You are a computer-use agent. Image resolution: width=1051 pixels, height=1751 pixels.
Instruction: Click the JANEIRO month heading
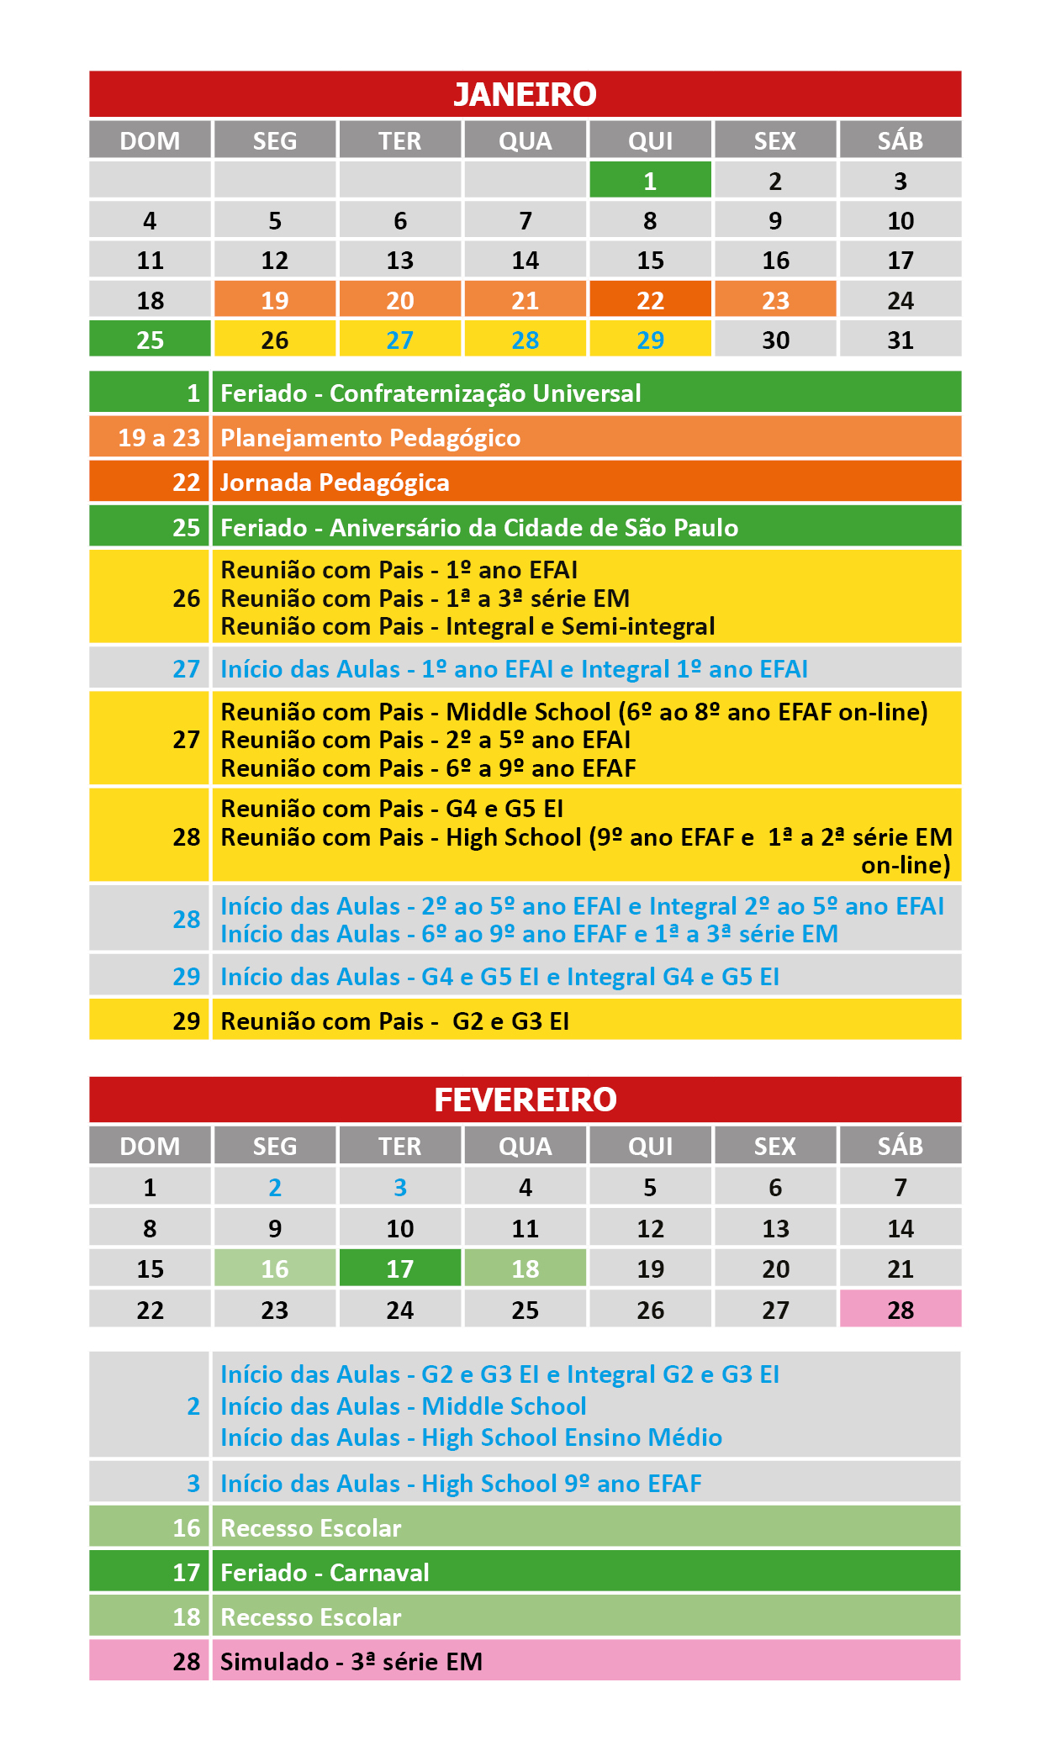pyautogui.click(x=525, y=94)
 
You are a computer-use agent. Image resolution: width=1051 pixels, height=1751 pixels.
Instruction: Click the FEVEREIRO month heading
pyautogui.click(x=525, y=1100)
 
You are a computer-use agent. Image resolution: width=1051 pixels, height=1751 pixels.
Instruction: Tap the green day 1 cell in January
pyautogui.click(x=650, y=181)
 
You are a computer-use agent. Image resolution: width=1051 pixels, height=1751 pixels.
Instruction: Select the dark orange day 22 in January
pyautogui.click(x=650, y=300)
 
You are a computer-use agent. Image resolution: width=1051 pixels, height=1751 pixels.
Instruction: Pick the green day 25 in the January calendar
pyautogui.click(x=150, y=340)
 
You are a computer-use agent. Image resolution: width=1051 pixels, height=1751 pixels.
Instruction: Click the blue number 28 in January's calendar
pyautogui.click(x=525, y=340)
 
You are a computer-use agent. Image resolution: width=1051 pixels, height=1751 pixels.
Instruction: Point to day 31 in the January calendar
pyautogui.click(x=900, y=340)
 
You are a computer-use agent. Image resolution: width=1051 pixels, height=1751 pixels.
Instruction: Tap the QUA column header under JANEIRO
pyautogui.click(x=525, y=140)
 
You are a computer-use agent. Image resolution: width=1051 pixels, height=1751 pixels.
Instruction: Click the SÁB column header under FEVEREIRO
pyautogui.click(x=900, y=1146)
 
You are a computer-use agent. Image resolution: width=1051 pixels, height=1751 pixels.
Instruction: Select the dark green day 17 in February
pyautogui.click(x=399, y=1268)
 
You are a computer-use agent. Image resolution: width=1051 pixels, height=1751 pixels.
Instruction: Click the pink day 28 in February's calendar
pyautogui.click(x=900, y=1310)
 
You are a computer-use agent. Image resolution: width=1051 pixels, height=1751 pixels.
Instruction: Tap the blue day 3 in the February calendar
pyautogui.click(x=399, y=1187)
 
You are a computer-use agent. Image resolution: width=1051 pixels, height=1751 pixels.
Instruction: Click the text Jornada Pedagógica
pyautogui.click(x=335, y=483)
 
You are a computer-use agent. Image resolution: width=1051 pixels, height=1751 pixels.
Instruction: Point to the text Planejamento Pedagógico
pyautogui.click(x=370, y=438)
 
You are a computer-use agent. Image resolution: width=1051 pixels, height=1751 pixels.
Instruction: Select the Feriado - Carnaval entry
pyautogui.click(x=325, y=1572)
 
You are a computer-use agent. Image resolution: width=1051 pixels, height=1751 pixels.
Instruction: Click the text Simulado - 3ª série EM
pyautogui.click(x=351, y=1661)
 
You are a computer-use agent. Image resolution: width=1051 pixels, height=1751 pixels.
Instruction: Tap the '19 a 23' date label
pyautogui.click(x=158, y=438)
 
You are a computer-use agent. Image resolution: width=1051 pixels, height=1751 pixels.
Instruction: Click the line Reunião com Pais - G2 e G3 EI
pyautogui.click(x=394, y=1021)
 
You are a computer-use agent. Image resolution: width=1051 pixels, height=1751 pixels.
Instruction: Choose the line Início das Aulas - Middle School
pyautogui.click(x=403, y=1406)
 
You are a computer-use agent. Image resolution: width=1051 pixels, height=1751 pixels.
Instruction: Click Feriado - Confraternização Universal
pyautogui.click(x=430, y=393)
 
